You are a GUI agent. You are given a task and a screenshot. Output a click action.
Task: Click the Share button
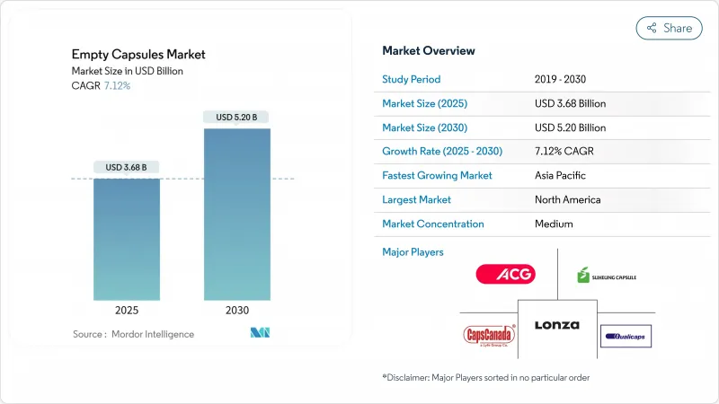(x=669, y=28)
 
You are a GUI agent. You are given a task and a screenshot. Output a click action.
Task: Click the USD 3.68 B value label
(x=127, y=167)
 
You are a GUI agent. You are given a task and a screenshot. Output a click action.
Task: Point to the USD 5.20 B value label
(x=236, y=117)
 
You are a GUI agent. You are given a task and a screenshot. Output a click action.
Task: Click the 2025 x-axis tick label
(x=127, y=310)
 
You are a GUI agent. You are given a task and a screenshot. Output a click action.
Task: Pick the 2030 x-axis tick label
(x=236, y=310)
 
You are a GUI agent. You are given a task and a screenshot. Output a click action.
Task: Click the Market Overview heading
(x=429, y=50)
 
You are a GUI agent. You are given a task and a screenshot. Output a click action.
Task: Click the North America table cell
(x=567, y=199)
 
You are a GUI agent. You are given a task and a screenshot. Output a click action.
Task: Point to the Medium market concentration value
(x=553, y=224)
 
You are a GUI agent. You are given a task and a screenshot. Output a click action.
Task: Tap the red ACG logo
(x=505, y=275)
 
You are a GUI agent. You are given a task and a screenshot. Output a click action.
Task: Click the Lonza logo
(x=556, y=325)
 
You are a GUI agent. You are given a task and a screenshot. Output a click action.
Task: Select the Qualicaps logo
(x=626, y=336)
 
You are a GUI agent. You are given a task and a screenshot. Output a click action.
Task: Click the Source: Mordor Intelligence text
(x=133, y=334)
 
